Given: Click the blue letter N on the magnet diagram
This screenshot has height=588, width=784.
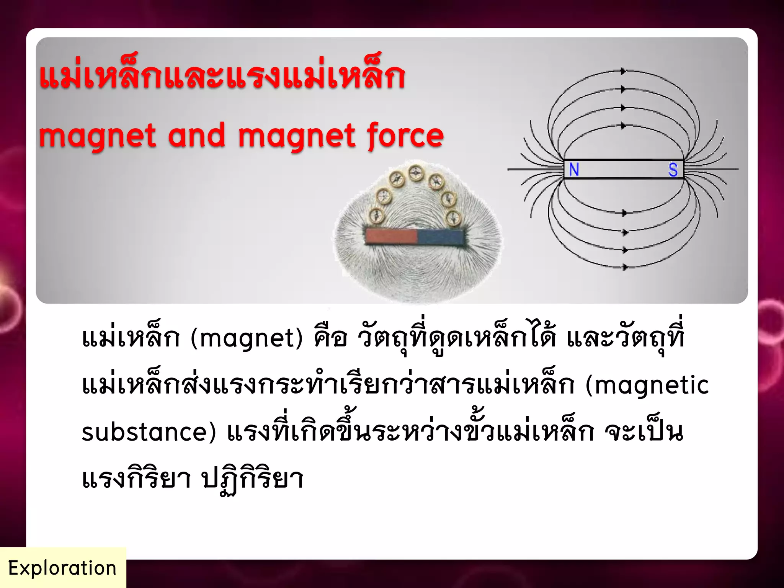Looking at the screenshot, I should click(x=574, y=170).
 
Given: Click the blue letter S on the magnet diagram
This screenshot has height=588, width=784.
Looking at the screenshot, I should click(x=673, y=170).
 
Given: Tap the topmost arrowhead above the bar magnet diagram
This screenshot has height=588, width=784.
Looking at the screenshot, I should click(x=623, y=71).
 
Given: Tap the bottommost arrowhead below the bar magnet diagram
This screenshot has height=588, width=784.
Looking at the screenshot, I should click(x=625, y=267).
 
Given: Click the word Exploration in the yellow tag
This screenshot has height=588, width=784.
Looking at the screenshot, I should click(x=62, y=568).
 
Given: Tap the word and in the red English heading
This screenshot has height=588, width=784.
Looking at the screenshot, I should click(x=196, y=136).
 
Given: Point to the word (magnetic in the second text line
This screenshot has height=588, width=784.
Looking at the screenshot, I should click(x=647, y=385).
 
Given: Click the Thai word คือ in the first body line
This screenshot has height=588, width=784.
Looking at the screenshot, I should click(x=330, y=338).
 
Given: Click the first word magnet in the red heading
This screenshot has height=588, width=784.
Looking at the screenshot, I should click(x=98, y=136).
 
